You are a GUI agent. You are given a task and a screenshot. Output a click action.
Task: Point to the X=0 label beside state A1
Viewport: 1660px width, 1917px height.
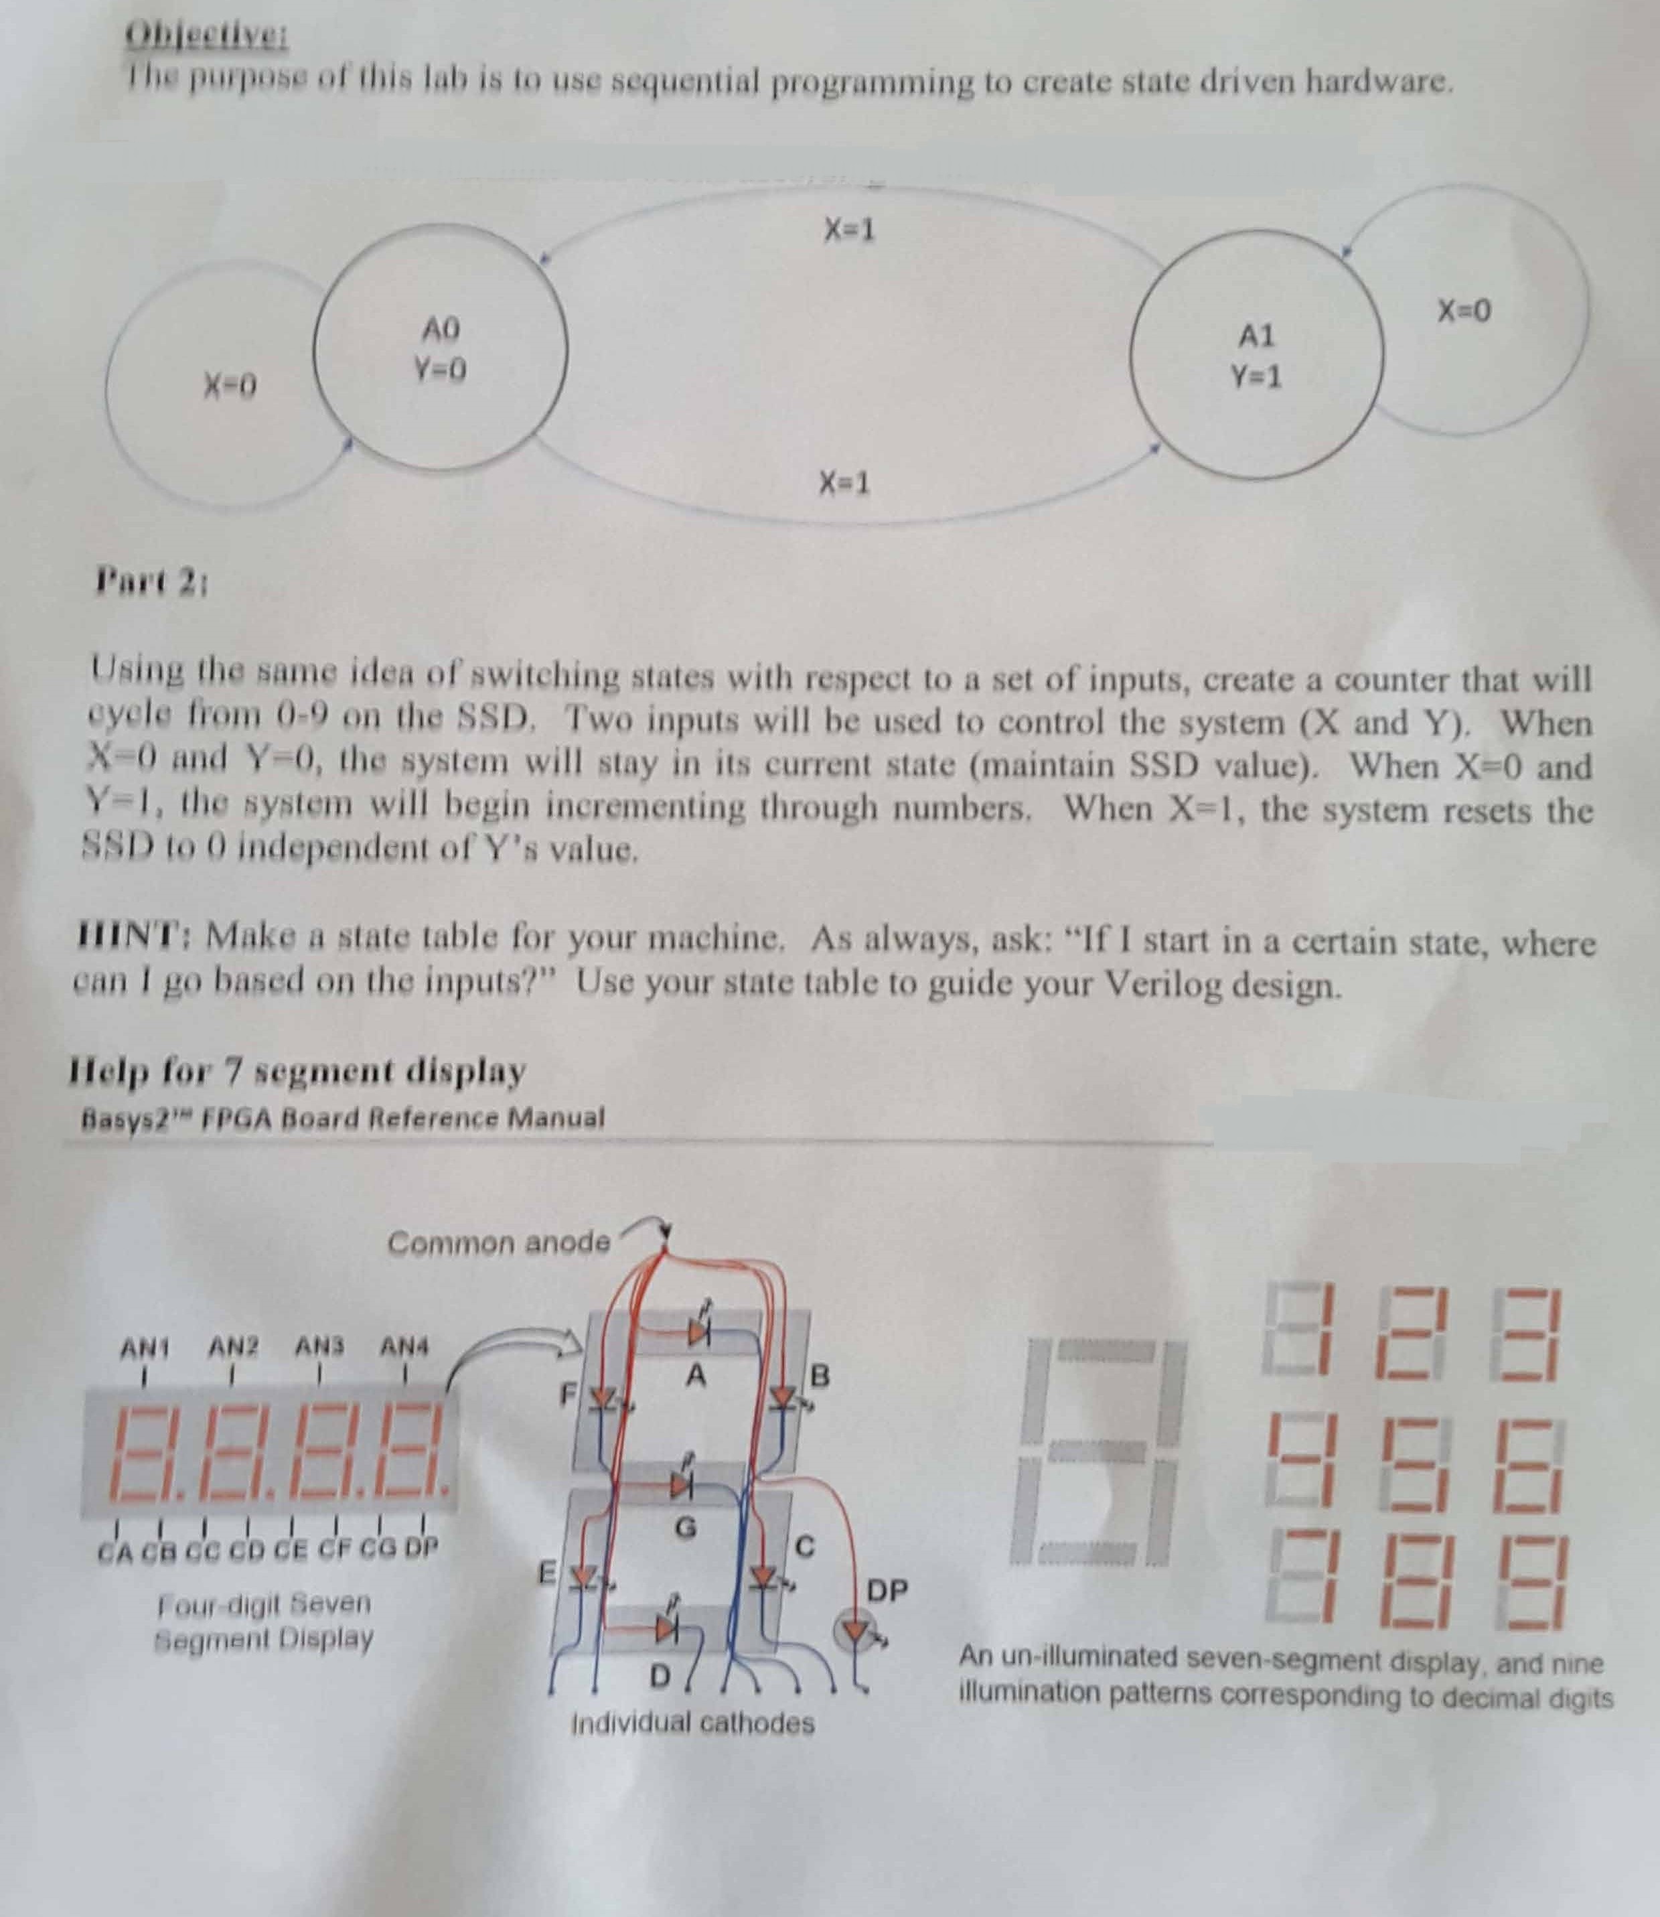1464,310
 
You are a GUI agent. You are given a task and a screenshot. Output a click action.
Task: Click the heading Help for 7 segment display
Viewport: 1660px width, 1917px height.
297,1071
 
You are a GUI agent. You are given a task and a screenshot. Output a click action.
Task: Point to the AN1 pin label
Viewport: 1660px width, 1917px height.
143,1346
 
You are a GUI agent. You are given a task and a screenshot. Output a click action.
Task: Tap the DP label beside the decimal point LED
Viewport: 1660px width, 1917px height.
887,1590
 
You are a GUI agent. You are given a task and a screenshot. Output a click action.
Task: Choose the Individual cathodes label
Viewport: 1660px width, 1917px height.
693,1723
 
